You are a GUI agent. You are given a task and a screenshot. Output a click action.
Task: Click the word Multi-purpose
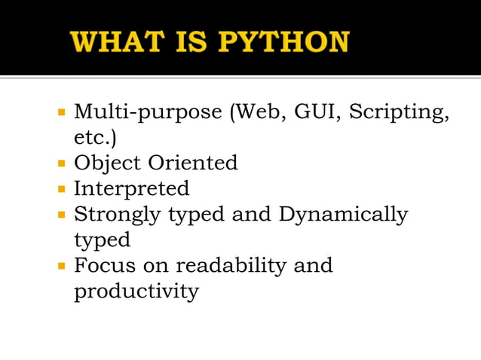pos(146,114)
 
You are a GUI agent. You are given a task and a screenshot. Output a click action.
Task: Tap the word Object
pos(106,163)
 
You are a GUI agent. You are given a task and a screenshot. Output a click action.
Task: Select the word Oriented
pos(192,162)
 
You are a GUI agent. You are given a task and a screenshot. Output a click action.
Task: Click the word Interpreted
pos(131,188)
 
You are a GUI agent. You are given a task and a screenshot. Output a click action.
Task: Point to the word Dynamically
pos(343,215)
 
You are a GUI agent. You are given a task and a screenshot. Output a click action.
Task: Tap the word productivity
pos(136,292)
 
